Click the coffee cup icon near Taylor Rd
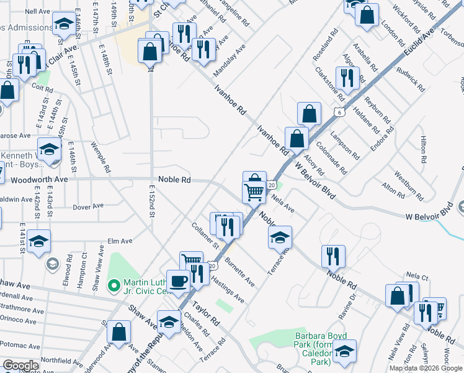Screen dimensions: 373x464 tap(179, 280)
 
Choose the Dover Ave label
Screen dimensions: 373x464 tap(86, 207)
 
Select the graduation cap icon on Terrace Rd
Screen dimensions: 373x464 tap(280, 237)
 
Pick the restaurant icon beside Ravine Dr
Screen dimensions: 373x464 tap(334, 256)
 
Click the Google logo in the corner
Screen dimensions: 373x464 tap(20, 366)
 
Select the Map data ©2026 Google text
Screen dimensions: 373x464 tap(426, 368)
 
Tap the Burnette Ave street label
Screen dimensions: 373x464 tap(239, 271)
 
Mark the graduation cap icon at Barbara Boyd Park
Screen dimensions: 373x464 tap(344, 351)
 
